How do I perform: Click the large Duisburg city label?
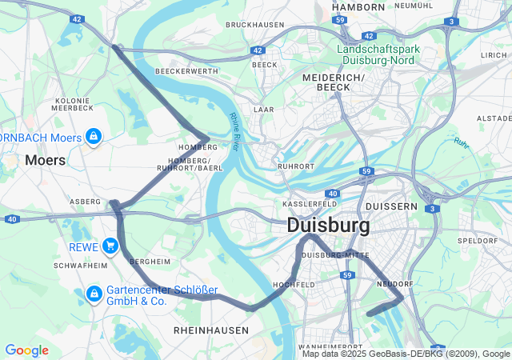[x=328, y=226]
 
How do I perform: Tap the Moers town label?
[x=45, y=160]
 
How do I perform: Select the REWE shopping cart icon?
[x=110, y=246]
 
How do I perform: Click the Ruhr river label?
[x=462, y=142]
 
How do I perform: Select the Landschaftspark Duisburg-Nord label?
[x=389, y=54]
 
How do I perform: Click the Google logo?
[x=26, y=350]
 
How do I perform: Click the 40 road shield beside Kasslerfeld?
[x=332, y=194]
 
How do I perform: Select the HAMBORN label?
[x=358, y=6]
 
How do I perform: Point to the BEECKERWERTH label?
[x=186, y=71]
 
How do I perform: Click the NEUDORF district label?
[x=393, y=284]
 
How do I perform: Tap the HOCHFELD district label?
[x=294, y=284]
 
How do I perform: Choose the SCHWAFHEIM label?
[x=80, y=265]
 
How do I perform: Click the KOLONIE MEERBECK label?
[x=73, y=104]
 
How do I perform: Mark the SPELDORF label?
[x=478, y=240]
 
